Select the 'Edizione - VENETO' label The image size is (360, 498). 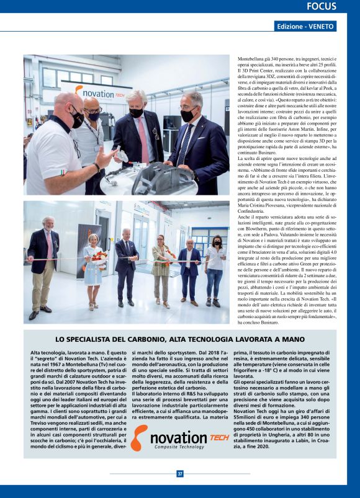click(306, 27)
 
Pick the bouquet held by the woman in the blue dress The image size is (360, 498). click(97, 257)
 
